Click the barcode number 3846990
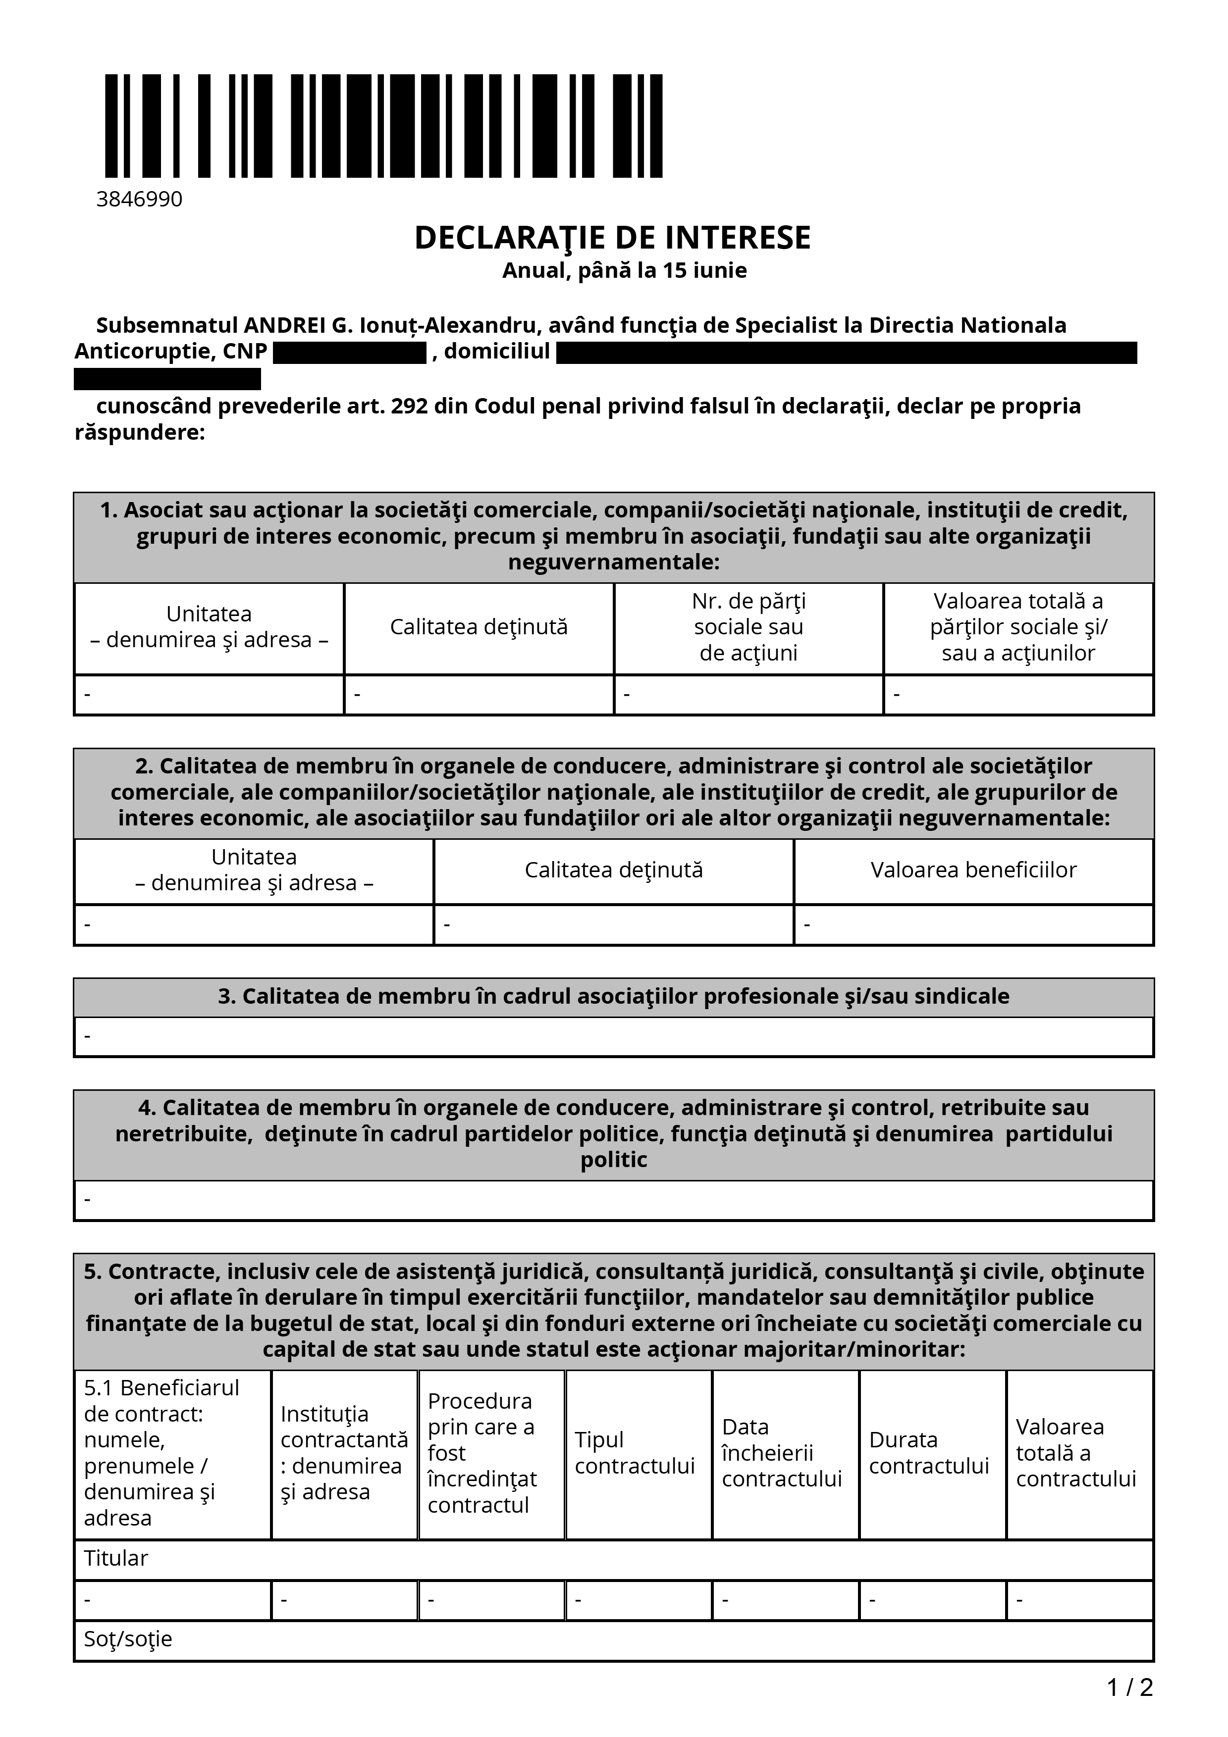[x=139, y=199]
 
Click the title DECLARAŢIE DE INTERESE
[x=612, y=238]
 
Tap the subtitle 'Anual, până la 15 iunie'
[x=624, y=271]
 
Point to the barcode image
[x=383, y=126]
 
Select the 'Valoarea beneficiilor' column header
[x=973, y=870]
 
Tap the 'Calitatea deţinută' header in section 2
[x=614, y=870]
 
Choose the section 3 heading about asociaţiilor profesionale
[x=614, y=996]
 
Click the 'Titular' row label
[x=116, y=1558]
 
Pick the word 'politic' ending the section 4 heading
[x=614, y=1160]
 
